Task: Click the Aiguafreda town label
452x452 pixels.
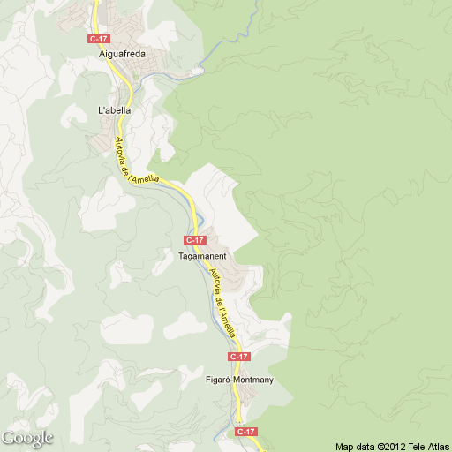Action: click(x=122, y=54)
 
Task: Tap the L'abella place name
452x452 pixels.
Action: click(x=114, y=110)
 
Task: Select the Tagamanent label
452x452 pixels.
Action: click(x=202, y=256)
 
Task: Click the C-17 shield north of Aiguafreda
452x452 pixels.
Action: click(x=98, y=39)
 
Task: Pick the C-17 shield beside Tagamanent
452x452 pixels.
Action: click(x=194, y=240)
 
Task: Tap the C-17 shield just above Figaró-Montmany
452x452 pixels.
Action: click(x=238, y=356)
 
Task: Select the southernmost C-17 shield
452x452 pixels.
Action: click(x=246, y=432)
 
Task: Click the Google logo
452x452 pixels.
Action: click(x=27, y=438)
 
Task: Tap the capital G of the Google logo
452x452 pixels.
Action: click(x=8, y=437)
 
